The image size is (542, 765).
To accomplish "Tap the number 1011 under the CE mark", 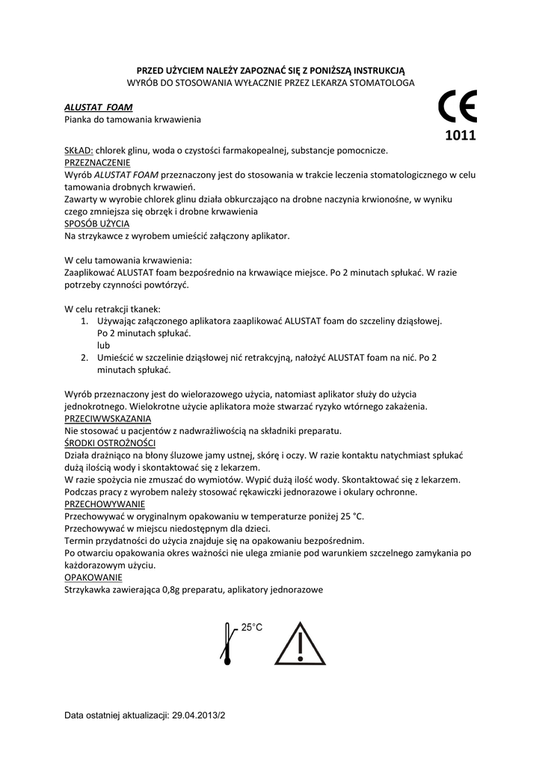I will coord(459,136).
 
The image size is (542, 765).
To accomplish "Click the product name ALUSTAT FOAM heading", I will coord(93,108).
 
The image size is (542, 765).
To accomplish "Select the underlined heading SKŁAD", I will coord(78,150).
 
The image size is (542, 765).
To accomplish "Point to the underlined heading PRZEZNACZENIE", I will coord(98,162).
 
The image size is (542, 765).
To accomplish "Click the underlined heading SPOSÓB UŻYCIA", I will coord(97,223).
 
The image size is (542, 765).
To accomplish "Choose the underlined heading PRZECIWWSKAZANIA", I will coord(108,418).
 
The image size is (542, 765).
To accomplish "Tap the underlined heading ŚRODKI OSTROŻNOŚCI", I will coord(110,443).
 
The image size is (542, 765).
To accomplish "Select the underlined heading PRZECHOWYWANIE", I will coord(105,504).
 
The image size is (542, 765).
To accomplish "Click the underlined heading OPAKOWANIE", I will coord(93,577).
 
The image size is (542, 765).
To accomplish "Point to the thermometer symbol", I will coord(227,642).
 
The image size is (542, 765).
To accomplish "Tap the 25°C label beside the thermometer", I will coord(251,628).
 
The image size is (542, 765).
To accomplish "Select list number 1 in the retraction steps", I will coord(84,320).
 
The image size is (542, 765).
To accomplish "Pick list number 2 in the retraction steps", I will coord(84,358).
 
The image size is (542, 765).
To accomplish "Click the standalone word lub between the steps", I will coord(103,345).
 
